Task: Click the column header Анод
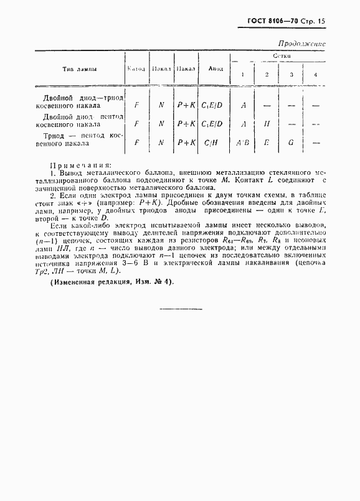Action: (216, 69)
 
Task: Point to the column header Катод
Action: (136, 69)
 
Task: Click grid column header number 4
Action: (315, 75)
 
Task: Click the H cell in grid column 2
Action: (267, 124)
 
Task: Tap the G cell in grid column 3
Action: (291, 143)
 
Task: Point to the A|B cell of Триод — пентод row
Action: (243, 143)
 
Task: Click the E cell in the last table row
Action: (267, 143)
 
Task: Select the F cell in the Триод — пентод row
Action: (136, 143)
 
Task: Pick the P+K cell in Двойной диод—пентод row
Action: (186, 124)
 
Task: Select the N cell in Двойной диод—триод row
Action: (161, 105)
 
